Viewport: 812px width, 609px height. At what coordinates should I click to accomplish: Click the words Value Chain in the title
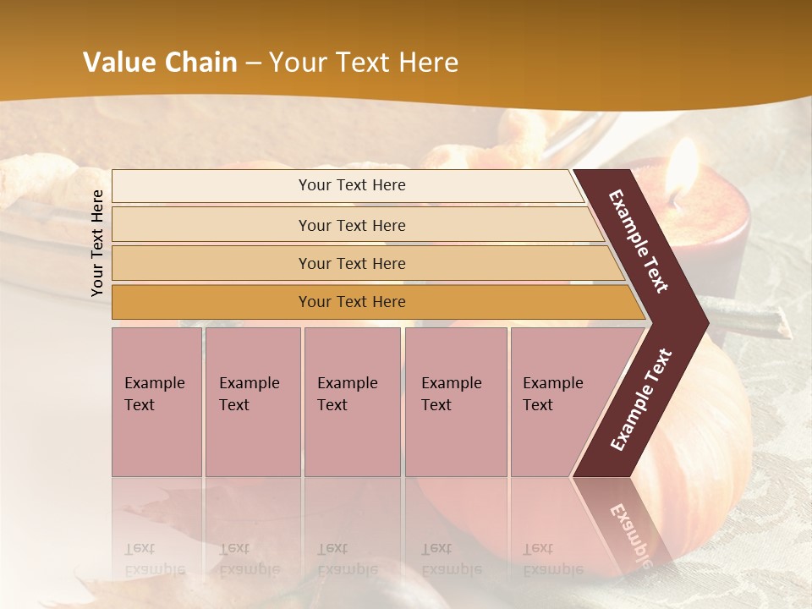[x=160, y=63]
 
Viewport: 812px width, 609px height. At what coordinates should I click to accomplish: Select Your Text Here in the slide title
[x=364, y=63]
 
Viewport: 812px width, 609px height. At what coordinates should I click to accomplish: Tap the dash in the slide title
[x=252, y=63]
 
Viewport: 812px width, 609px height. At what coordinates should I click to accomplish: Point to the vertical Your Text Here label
[x=97, y=243]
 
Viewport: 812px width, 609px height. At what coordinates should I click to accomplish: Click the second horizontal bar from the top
[x=351, y=225]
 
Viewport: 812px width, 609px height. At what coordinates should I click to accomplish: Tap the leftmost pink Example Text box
[x=156, y=401]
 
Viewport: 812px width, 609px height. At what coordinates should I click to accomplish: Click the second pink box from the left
[x=252, y=401]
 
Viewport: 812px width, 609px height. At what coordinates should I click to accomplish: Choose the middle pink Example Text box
[x=352, y=401]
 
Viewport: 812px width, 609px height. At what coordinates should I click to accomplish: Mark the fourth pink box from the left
[x=455, y=401]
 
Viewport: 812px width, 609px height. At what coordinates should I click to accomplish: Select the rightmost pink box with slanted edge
[x=558, y=401]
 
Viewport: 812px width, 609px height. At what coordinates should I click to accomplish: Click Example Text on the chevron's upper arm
[x=639, y=242]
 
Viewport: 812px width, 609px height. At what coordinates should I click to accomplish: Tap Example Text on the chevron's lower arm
[x=641, y=399]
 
